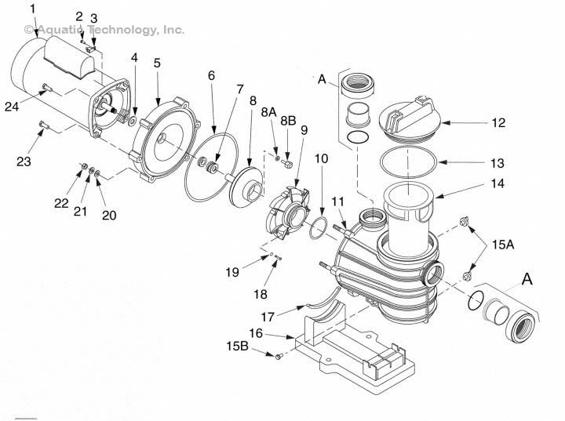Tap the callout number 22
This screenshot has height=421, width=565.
pyautogui.click(x=61, y=203)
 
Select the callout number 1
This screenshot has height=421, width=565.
pyautogui.click(x=32, y=9)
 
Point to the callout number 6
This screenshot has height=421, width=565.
pyautogui.click(x=211, y=75)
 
